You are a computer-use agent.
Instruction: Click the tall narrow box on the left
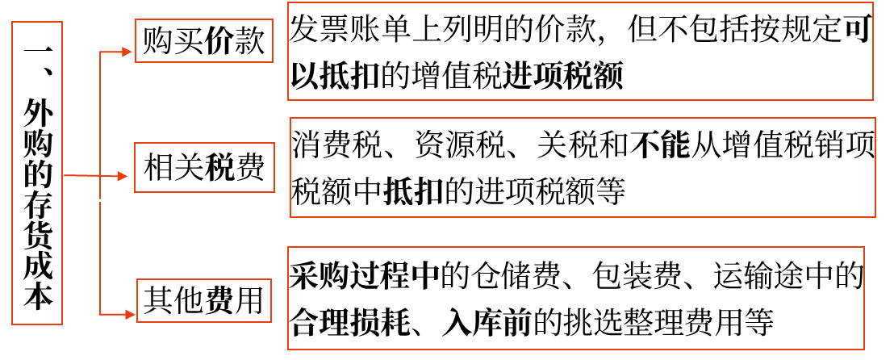[x=37, y=173]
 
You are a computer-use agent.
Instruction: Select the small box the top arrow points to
[x=204, y=40]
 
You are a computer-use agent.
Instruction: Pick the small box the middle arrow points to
[x=204, y=167]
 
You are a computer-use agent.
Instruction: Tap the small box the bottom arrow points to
[x=204, y=300]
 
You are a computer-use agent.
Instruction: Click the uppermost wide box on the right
[x=580, y=51]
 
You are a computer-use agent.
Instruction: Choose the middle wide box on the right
[x=583, y=167]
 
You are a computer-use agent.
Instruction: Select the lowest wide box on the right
[x=576, y=298]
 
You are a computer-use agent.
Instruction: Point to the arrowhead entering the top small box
[x=127, y=52]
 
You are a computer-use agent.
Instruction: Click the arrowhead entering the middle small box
[x=123, y=176]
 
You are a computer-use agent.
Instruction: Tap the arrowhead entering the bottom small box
[x=131, y=314]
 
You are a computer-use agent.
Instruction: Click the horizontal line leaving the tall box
[x=81, y=175]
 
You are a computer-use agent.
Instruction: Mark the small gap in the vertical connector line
[x=100, y=200]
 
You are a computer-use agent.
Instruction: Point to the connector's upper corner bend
[x=100, y=52]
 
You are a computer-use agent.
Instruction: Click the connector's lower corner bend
[x=100, y=314]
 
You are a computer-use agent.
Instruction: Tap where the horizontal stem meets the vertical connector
[x=100, y=175]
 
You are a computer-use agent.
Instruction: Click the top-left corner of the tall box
[x=12, y=22]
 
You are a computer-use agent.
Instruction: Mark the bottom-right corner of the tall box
[x=62, y=324]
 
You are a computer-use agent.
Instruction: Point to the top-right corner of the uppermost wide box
[x=873, y=2]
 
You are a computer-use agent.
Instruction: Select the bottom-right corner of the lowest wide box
[x=864, y=350]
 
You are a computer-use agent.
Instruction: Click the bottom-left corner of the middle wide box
[x=290, y=217]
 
